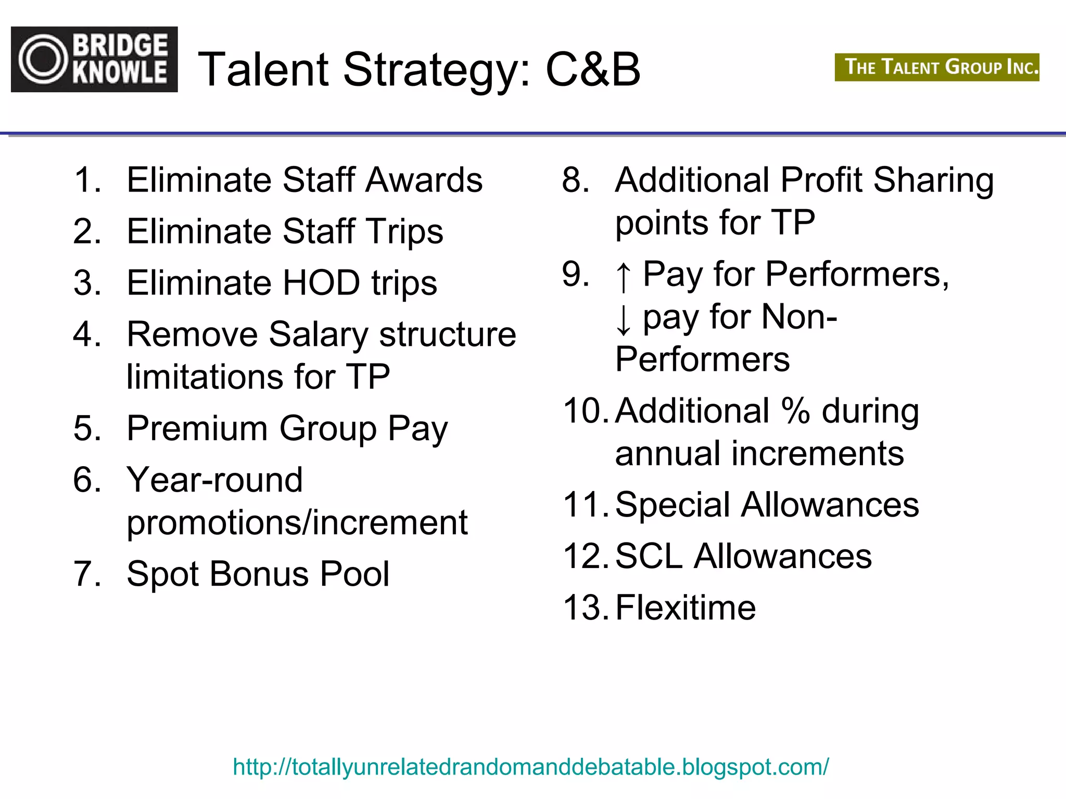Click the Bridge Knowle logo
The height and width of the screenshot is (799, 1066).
click(94, 59)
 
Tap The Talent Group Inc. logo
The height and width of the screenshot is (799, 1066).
click(937, 67)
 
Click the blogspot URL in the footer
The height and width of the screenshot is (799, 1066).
click(530, 767)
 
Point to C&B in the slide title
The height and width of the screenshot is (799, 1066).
click(593, 70)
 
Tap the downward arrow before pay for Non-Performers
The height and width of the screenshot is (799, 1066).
click(623, 319)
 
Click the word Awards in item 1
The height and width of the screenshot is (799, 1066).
click(424, 180)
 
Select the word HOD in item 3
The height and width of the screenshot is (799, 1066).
click(321, 283)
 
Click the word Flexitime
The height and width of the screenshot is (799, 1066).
click(685, 608)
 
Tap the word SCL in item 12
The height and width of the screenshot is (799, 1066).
click(649, 556)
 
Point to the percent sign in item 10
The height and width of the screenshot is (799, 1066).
click(795, 411)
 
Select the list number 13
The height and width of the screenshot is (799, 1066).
click(585, 608)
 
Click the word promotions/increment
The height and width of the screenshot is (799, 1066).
click(297, 523)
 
